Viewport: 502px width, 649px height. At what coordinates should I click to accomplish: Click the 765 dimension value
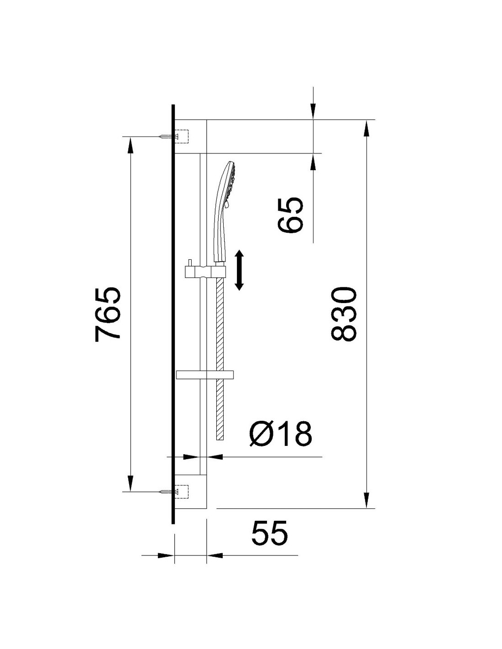[x=108, y=314]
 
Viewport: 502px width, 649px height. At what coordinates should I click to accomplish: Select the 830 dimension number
[x=344, y=314]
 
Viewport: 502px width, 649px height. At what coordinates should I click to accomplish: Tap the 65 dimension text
[x=290, y=215]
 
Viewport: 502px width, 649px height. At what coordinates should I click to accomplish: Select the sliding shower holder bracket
[x=205, y=271]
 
